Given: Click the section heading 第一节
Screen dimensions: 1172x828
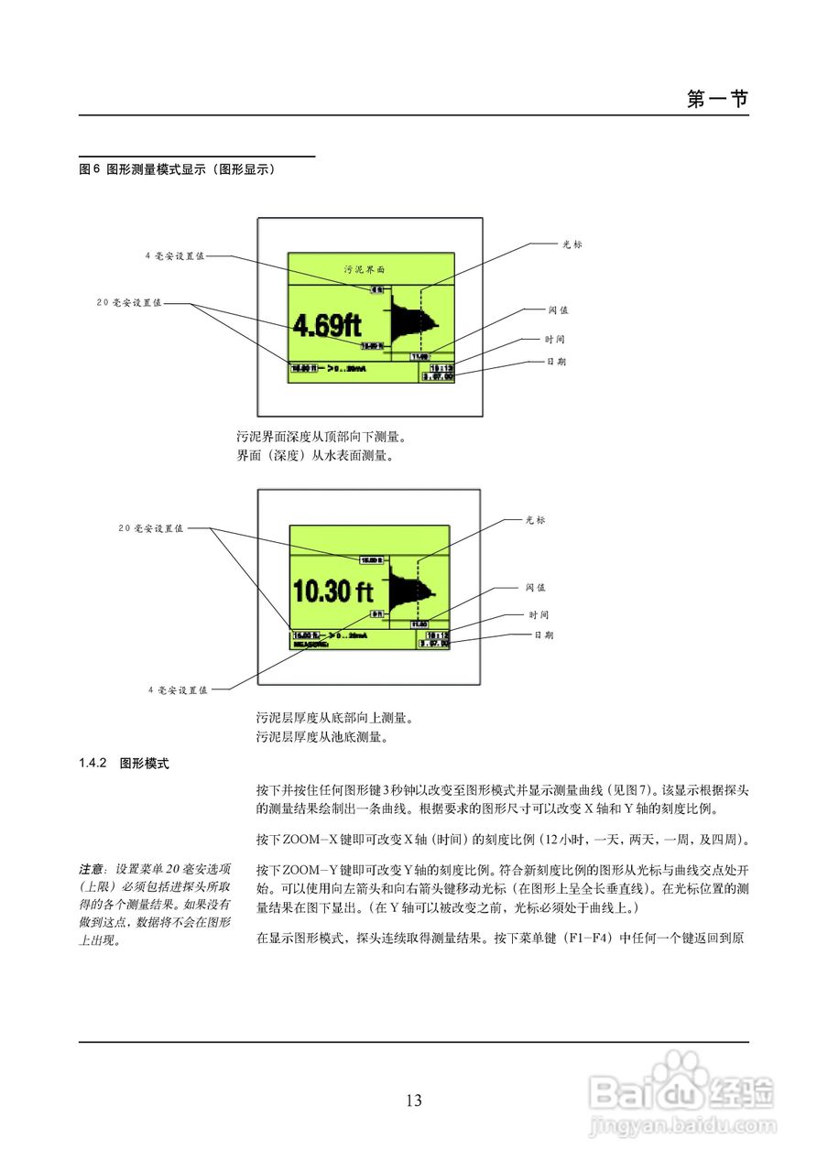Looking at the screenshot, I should pyautogui.click(x=717, y=99).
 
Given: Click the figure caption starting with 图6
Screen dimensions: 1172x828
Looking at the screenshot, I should pyautogui.click(x=178, y=169).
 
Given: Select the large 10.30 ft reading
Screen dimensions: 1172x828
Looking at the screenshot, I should pyautogui.click(x=335, y=591).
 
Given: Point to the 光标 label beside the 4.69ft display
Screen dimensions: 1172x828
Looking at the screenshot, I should pyautogui.click(x=572, y=244).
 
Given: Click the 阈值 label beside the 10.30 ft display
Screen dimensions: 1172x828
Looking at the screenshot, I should pyautogui.click(x=536, y=588).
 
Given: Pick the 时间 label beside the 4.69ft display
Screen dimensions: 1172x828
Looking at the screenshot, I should pyautogui.click(x=556, y=340).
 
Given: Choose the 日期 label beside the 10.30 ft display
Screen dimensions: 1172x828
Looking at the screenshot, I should pyautogui.click(x=544, y=635).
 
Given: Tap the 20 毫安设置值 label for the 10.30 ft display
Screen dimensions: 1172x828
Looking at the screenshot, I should pyautogui.click(x=151, y=528).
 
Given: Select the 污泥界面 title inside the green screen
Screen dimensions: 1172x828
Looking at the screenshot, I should pyautogui.click(x=365, y=270).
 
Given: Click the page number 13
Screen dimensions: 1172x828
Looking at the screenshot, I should pyautogui.click(x=414, y=1101).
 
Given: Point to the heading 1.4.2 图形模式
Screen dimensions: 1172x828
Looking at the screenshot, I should pyautogui.click(x=124, y=762).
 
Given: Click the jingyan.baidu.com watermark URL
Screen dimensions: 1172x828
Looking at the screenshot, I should pyautogui.click(x=683, y=1123).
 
